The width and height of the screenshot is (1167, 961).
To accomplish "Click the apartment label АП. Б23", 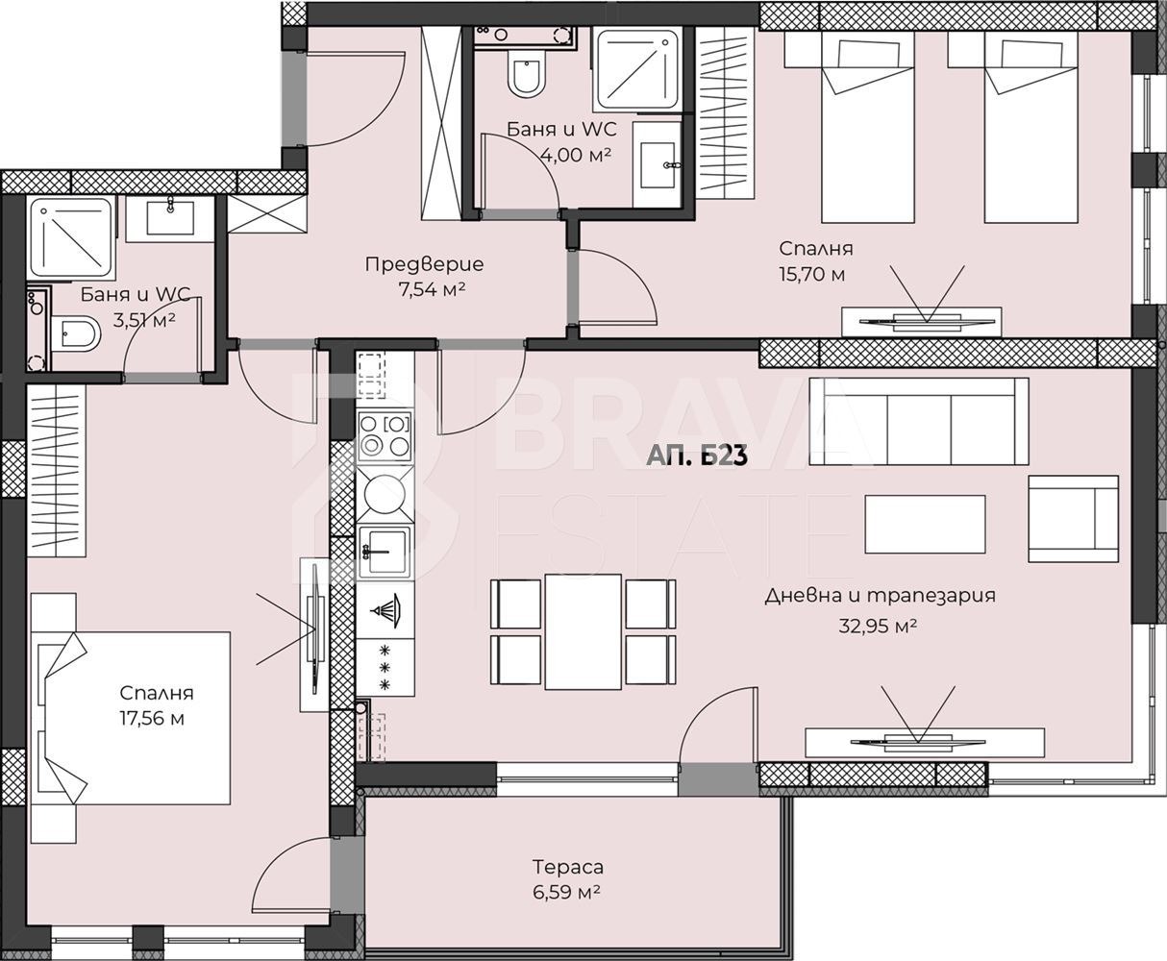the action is click(x=696, y=456).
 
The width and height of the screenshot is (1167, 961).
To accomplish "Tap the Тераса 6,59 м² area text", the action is click(x=567, y=878).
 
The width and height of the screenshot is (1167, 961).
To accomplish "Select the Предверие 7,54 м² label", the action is click(x=424, y=276).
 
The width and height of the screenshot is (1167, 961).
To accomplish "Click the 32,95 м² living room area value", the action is click(x=878, y=626).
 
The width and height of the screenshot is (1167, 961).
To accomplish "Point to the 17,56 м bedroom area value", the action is click(x=152, y=719).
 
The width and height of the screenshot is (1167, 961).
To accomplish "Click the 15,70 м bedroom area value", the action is click(x=811, y=274).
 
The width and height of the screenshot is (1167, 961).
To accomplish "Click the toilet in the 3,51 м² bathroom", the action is click(x=76, y=334).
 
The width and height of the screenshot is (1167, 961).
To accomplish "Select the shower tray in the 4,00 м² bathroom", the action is click(x=637, y=69).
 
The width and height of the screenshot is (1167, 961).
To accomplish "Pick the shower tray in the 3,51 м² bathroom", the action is click(x=70, y=238).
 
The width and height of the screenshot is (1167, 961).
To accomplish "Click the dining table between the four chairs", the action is click(x=583, y=631).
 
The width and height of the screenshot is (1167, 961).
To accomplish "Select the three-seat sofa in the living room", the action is click(x=919, y=421).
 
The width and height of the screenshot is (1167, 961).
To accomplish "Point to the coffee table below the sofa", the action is click(x=925, y=524).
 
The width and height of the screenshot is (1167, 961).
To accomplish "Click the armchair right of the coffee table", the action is click(x=1073, y=519).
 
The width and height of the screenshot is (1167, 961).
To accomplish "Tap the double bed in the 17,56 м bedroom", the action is click(x=131, y=718).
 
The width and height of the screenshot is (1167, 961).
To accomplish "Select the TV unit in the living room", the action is click(x=925, y=743).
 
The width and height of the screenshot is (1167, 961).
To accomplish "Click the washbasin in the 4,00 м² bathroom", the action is click(x=658, y=165).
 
